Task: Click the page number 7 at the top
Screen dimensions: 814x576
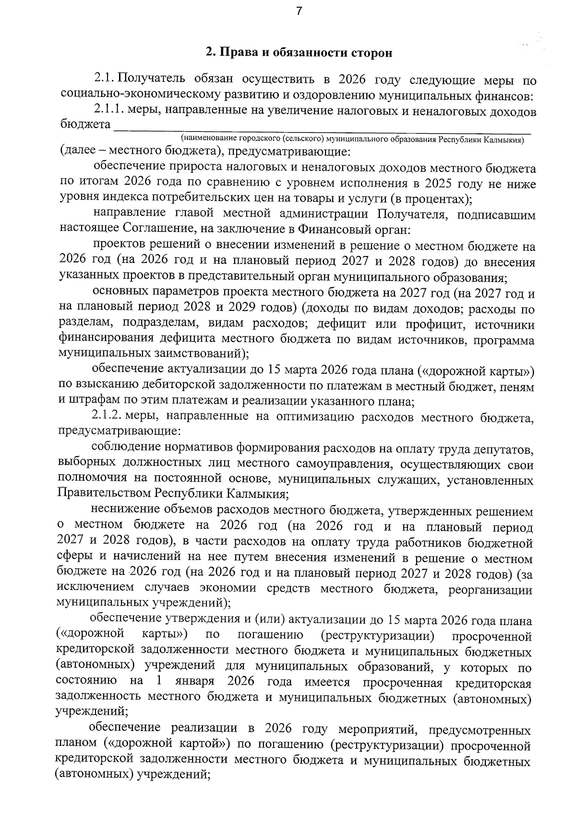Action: [x=299, y=11]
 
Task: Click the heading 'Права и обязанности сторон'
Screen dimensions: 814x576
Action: [x=299, y=53]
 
